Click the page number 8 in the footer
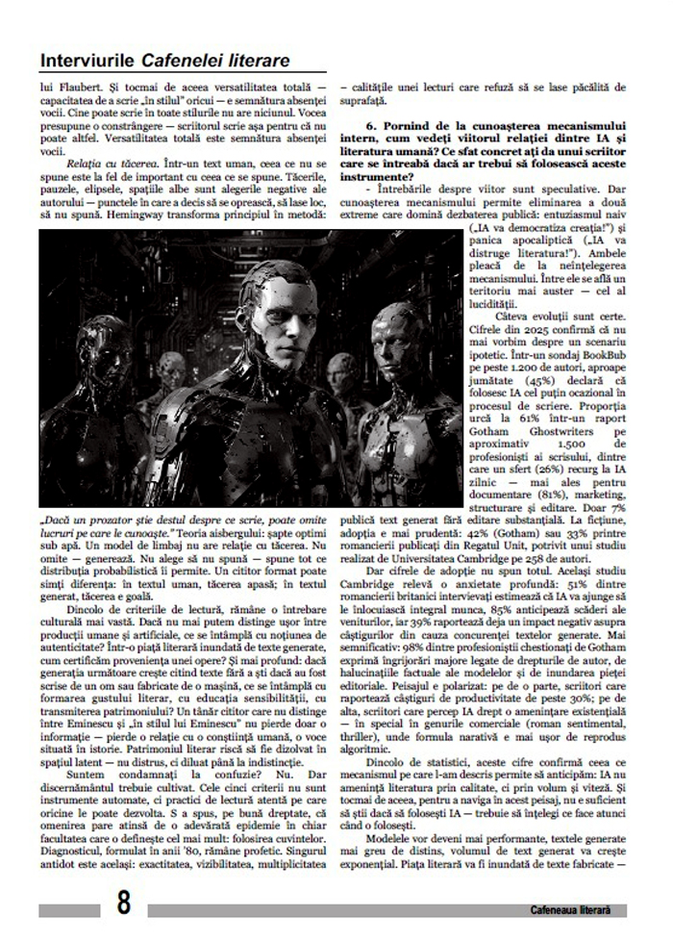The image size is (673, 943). [x=124, y=905]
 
